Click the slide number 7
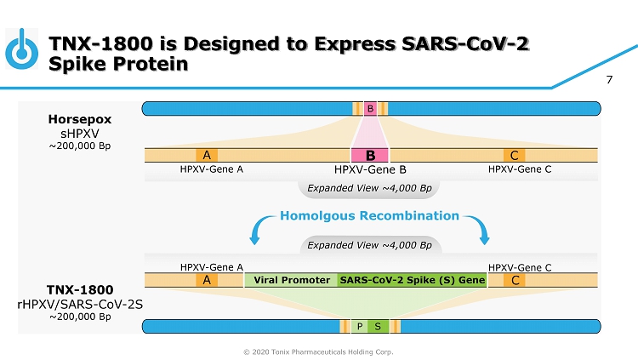(x=609, y=81)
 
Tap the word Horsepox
(x=80, y=119)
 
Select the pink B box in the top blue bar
(x=370, y=108)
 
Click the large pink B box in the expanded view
(x=370, y=155)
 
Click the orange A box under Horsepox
(x=206, y=155)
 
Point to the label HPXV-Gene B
(x=370, y=169)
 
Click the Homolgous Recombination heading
(x=369, y=216)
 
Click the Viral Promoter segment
(x=292, y=279)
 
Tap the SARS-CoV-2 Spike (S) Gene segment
(x=412, y=279)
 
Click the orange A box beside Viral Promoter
(x=206, y=279)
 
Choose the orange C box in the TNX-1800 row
(x=513, y=279)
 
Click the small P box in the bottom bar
(x=361, y=326)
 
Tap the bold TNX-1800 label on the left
(x=80, y=289)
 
